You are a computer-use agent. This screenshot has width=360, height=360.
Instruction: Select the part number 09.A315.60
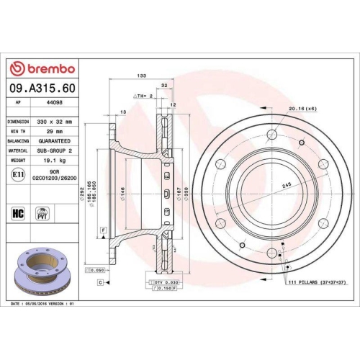pos(42,89)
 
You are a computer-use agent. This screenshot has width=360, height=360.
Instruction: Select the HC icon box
pos(18,213)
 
